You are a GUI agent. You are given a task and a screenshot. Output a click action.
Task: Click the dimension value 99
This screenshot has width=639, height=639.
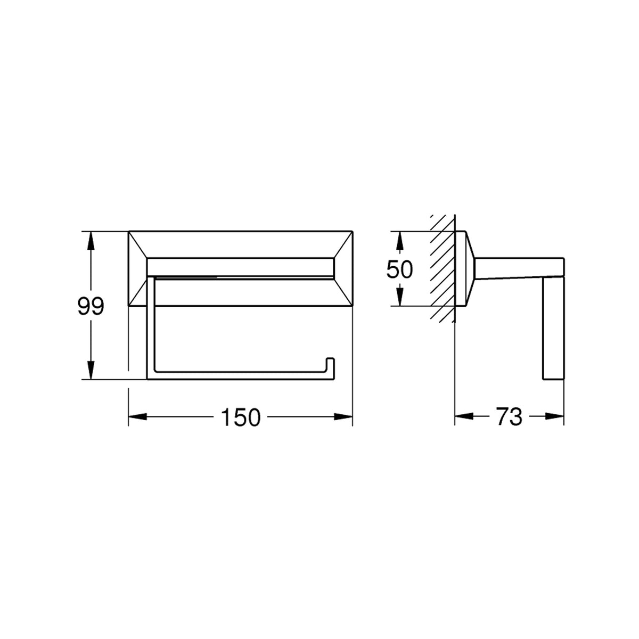[x=91, y=306]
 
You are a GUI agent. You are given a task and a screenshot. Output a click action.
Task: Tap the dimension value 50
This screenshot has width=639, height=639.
[x=399, y=269]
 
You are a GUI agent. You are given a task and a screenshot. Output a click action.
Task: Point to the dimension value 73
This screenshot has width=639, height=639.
[x=510, y=417]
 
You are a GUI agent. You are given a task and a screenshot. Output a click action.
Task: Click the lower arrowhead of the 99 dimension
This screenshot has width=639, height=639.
[x=91, y=370]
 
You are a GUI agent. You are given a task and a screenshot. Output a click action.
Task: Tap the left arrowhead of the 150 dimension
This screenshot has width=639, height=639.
[x=137, y=417]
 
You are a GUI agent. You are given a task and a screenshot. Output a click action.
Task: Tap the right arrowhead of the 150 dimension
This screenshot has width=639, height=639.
[x=343, y=417]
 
